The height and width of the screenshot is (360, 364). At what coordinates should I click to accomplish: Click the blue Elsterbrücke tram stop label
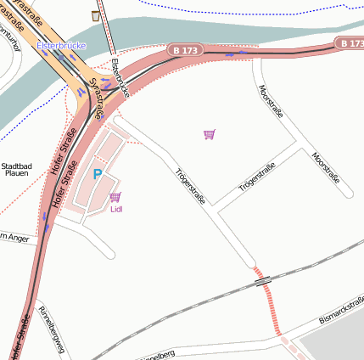click(61, 45)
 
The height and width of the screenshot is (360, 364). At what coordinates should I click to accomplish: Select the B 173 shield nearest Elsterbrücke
click(182, 50)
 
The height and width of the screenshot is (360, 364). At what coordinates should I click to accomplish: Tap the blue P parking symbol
click(98, 174)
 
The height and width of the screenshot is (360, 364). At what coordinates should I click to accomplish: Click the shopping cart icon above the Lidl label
click(115, 197)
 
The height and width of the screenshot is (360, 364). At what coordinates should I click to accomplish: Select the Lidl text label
click(117, 209)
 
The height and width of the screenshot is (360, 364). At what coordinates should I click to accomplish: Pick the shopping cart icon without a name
click(210, 134)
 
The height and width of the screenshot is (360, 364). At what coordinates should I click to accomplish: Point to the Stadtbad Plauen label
click(17, 169)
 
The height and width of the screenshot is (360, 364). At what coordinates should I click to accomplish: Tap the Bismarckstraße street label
click(341, 310)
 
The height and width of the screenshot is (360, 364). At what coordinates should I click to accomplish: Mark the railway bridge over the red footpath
click(264, 280)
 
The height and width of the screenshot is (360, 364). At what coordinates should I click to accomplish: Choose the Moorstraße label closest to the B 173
click(272, 101)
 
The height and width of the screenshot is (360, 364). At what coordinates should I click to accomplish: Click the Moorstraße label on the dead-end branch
click(326, 168)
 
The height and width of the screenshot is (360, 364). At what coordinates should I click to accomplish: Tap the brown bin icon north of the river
click(95, 15)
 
